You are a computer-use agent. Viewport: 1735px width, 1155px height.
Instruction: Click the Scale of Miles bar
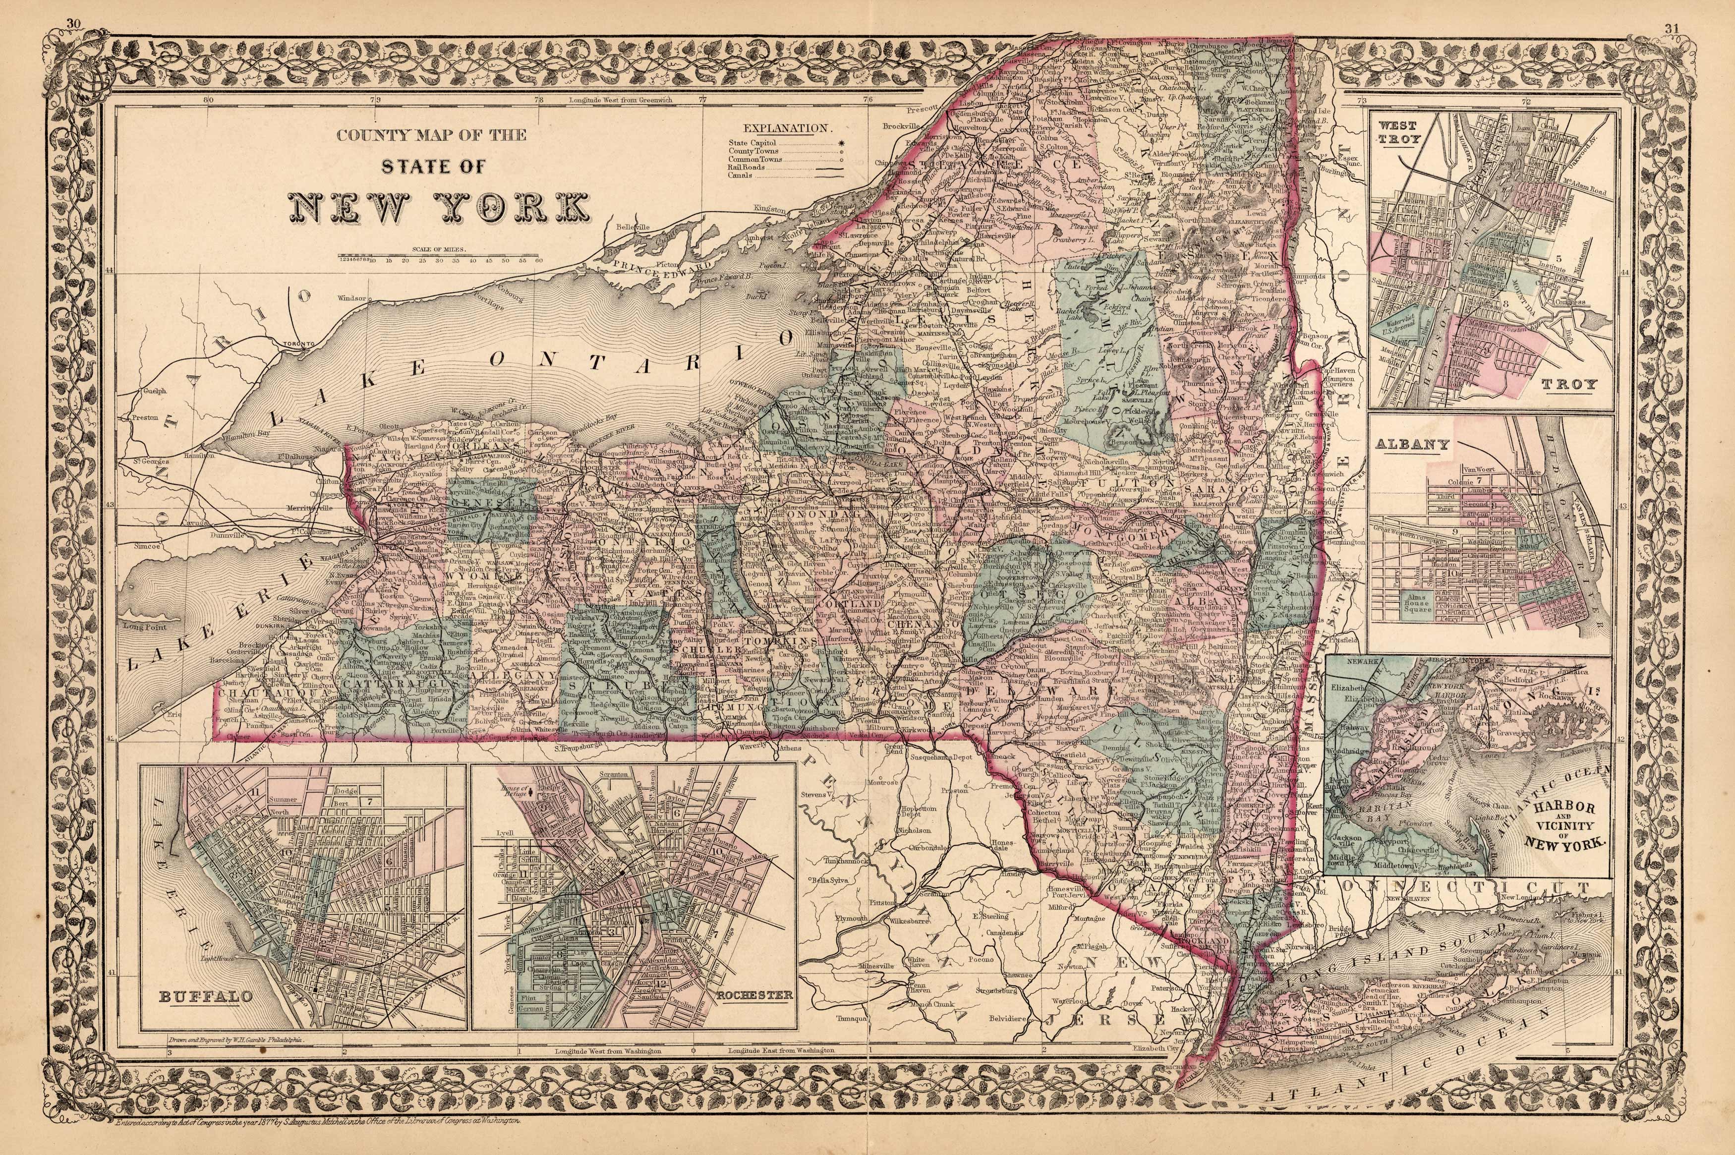coord(440,259)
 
